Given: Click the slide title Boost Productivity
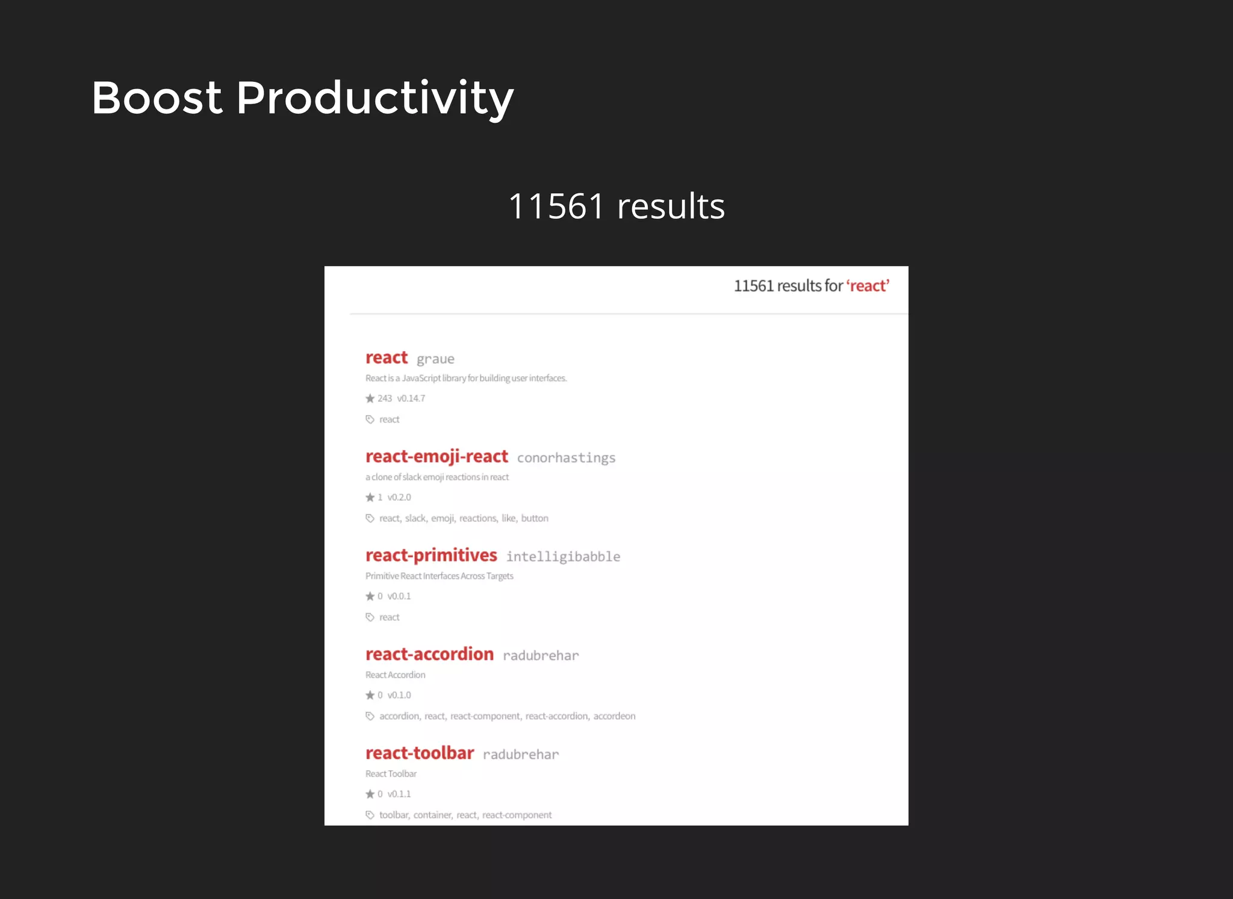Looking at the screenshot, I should point(302,98).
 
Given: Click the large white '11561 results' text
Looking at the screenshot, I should point(616,206).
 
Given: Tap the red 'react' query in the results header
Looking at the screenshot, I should point(868,286).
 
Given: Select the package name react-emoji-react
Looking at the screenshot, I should point(436,457).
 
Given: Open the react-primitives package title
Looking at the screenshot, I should point(431,555).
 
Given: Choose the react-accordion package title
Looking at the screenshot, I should point(429,654).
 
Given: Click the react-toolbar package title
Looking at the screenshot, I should point(420,753).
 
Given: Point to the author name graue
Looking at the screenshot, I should point(435,359).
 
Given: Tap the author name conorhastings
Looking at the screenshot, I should point(566,458).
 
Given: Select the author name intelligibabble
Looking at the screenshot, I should point(563,557).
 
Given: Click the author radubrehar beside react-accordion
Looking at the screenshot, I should point(541,656).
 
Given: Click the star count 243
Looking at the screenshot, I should point(385,398).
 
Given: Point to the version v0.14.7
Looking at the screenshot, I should point(411,398).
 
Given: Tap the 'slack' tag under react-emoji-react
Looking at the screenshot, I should point(415,518).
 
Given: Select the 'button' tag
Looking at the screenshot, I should point(535,518).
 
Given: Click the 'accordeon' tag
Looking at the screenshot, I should point(614,716).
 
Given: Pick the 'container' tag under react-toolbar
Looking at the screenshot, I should point(432,815).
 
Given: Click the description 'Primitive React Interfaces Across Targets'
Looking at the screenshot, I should point(439,576).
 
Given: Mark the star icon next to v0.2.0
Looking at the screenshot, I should point(370,497).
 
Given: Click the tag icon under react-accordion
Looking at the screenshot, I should point(370,716).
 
